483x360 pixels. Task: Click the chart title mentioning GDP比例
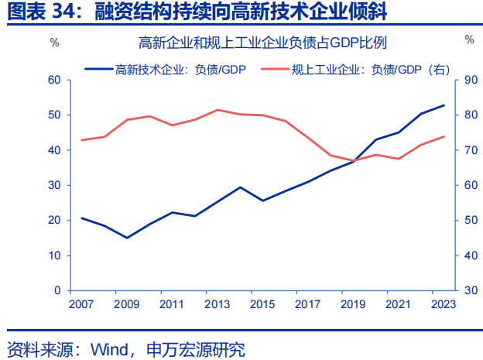pyautogui.click(x=262, y=42)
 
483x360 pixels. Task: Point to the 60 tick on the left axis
pyautogui.click(x=53, y=80)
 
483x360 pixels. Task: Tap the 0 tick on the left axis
pyautogui.click(x=57, y=290)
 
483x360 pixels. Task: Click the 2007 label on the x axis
pyautogui.click(x=81, y=305)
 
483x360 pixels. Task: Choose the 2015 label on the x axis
pyautogui.click(x=262, y=305)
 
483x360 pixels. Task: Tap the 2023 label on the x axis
pyautogui.click(x=444, y=305)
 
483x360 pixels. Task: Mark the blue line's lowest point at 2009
pyautogui.click(x=127, y=238)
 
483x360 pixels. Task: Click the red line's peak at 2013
pyautogui.click(x=218, y=110)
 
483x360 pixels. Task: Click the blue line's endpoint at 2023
pyautogui.click(x=444, y=105)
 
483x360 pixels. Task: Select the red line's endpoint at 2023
pyautogui.click(x=444, y=136)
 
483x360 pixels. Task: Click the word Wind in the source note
pyautogui.click(x=108, y=348)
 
